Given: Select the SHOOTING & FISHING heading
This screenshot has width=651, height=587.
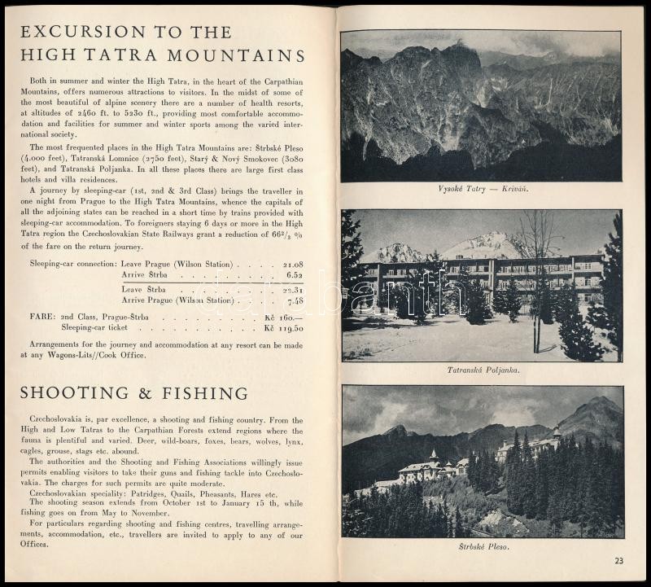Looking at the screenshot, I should (x=133, y=393).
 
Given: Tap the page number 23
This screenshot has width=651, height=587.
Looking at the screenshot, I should (x=619, y=559).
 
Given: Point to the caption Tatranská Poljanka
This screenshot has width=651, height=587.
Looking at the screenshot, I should (x=483, y=370).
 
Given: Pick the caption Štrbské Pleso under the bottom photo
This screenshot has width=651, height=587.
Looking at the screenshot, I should (x=483, y=546).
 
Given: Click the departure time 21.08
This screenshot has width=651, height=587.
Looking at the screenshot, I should (x=293, y=265).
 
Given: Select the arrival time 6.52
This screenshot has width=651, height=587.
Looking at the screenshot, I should (x=295, y=276).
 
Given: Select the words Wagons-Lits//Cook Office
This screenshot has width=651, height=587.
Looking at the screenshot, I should (x=103, y=355).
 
